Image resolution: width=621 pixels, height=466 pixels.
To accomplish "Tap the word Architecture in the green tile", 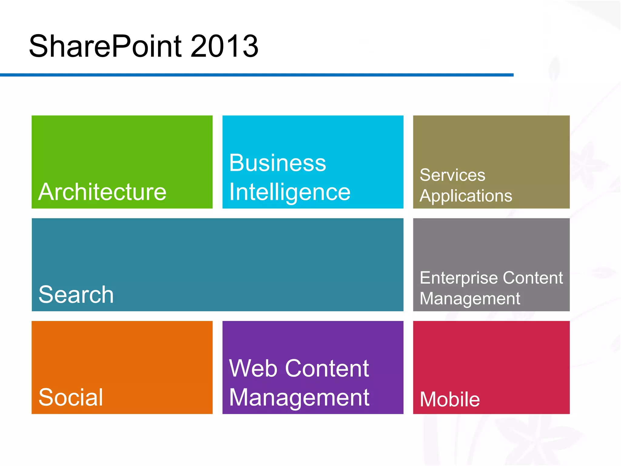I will [102, 192].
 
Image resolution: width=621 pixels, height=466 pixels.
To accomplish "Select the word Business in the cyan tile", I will [277, 163].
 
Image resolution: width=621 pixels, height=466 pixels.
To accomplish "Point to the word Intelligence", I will [290, 192].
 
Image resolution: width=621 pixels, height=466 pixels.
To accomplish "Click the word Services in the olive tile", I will [452, 175].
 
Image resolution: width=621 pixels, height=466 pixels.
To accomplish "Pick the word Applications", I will [466, 196].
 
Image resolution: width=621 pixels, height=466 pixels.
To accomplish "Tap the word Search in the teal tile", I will [76, 295].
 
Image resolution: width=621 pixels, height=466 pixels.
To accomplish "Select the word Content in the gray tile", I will [533, 278].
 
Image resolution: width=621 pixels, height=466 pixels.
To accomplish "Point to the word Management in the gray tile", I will [470, 299].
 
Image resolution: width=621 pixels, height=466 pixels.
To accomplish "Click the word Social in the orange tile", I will [71, 397].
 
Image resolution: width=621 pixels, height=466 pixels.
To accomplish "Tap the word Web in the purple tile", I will [253, 368].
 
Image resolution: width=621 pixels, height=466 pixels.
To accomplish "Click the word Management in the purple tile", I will [299, 397].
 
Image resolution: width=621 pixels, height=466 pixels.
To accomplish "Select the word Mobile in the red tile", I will [450, 399].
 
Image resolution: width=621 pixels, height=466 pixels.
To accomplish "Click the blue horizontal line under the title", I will [257, 75].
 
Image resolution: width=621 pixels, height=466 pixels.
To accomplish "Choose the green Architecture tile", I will [122, 146].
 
